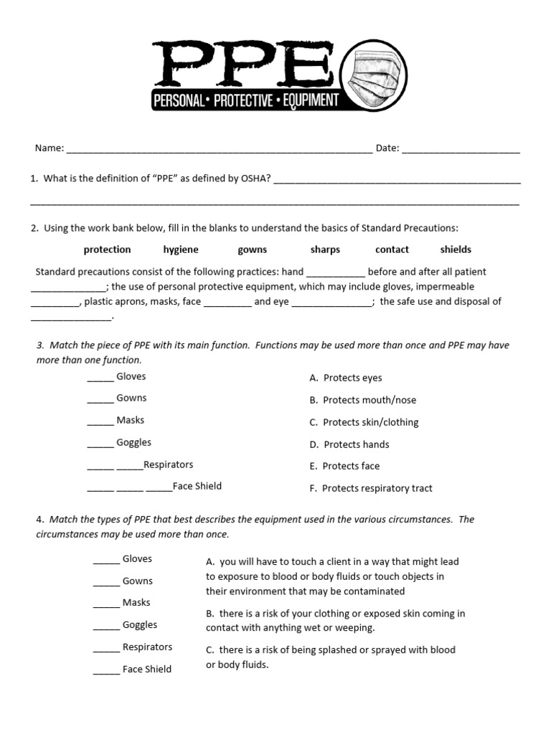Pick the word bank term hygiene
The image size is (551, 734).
[x=181, y=249]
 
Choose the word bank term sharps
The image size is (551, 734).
[x=325, y=249]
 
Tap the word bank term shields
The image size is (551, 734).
[x=456, y=249]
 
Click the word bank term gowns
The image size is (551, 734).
[x=252, y=249]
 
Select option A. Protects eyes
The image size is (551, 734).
[x=346, y=378]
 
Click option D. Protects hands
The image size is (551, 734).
[x=349, y=444]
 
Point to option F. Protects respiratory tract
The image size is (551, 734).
[x=371, y=488]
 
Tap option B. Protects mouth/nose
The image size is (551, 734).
[x=362, y=400]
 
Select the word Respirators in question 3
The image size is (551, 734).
[x=169, y=464]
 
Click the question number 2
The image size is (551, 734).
[x=34, y=228]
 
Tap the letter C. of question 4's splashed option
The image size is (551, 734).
[x=210, y=650]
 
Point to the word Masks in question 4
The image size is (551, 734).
[x=136, y=603]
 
